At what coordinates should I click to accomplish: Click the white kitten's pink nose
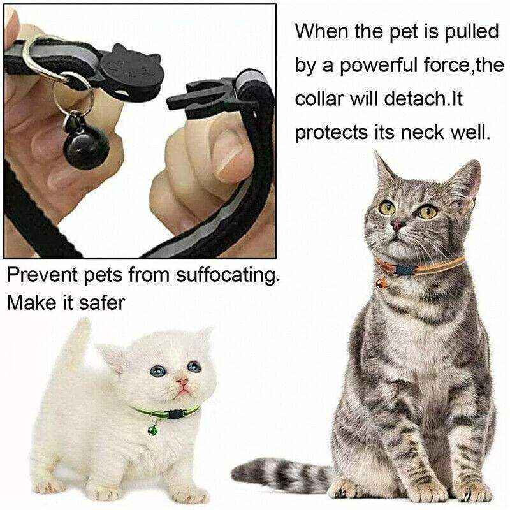pos(184,384)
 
